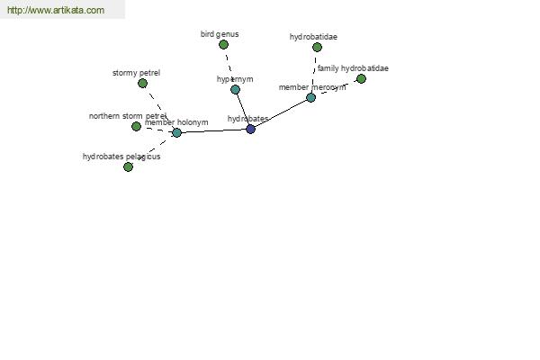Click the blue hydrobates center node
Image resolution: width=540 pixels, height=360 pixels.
pyautogui.click(x=250, y=129)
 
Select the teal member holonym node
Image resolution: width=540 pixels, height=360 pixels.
pyautogui.click(x=176, y=132)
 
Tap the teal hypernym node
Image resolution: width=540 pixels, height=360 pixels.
pyautogui.click(x=235, y=89)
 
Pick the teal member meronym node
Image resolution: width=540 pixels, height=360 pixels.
pyautogui.click(x=310, y=97)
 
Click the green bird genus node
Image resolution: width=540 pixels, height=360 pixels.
pyautogui.click(x=223, y=44)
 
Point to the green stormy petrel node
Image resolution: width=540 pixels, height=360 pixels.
pyautogui.click(x=142, y=83)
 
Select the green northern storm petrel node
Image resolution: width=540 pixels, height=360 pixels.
pyautogui.click(x=136, y=126)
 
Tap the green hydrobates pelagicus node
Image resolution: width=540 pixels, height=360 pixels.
pyautogui.click(x=128, y=166)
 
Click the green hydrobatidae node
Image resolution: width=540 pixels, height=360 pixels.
pyautogui.click(x=317, y=47)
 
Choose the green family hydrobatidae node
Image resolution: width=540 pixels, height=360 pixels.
pyautogui.click(x=361, y=78)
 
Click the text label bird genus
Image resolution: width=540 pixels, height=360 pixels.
pyautogui.click(x=220, y=34)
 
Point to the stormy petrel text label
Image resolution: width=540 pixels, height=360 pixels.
pyautogui.click(x=136, y=72)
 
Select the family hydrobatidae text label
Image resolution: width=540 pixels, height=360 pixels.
pyautogui.click(x=353, y=68)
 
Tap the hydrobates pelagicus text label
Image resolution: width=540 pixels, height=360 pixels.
pyautogui.click(x=121, y=157)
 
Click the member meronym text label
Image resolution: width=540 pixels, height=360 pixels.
pyautogui.click(x=311, y=87)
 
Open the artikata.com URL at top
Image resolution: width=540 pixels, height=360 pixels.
pyautogui.click(x=55, y=10)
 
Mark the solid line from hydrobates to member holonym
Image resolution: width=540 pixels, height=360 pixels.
pyautogui.click(x=213, y=130)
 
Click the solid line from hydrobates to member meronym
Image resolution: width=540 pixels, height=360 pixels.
pyautogui.click(x=281, y=112)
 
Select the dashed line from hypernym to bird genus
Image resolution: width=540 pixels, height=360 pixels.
pyautogui.click(x=229, y=67)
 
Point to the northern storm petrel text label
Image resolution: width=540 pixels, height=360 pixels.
pyautogui.click(x=128, y=116)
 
